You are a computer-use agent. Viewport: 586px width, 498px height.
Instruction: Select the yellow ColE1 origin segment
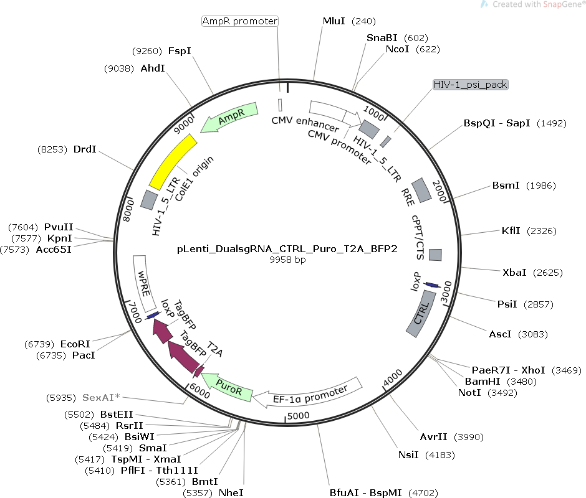(x=174, y=162)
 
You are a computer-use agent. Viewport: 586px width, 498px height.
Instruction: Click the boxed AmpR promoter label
(x=240, y=21)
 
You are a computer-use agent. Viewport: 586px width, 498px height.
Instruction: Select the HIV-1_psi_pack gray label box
(x=471, y=84)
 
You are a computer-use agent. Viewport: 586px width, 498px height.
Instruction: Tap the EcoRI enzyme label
(x=75, y=344)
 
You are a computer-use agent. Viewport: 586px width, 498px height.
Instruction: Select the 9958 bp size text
(x=287, y=260)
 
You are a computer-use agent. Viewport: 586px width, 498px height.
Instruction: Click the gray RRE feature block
(x=422, y=190)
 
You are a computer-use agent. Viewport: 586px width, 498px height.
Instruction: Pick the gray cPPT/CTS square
(x=435, y=255)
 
